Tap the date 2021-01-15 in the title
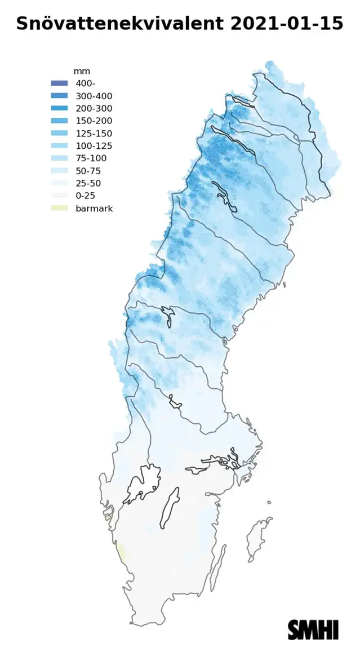point(287,24)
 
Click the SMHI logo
point(313,629)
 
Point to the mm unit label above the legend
point(82,72)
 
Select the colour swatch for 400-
point(59,84)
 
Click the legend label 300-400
point(94,96)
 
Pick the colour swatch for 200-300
point(59,109)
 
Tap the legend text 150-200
point(94,121)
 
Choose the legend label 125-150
point(94,134)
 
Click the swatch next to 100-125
point(59,146)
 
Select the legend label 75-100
point(91,158)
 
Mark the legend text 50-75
point(88,171)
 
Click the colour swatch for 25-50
point(59,183)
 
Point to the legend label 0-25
point(86,196)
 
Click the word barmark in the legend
point(94,209)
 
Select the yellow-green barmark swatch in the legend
point(59,209)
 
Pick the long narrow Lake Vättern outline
point(169,507)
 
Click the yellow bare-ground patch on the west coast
point(121,551)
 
